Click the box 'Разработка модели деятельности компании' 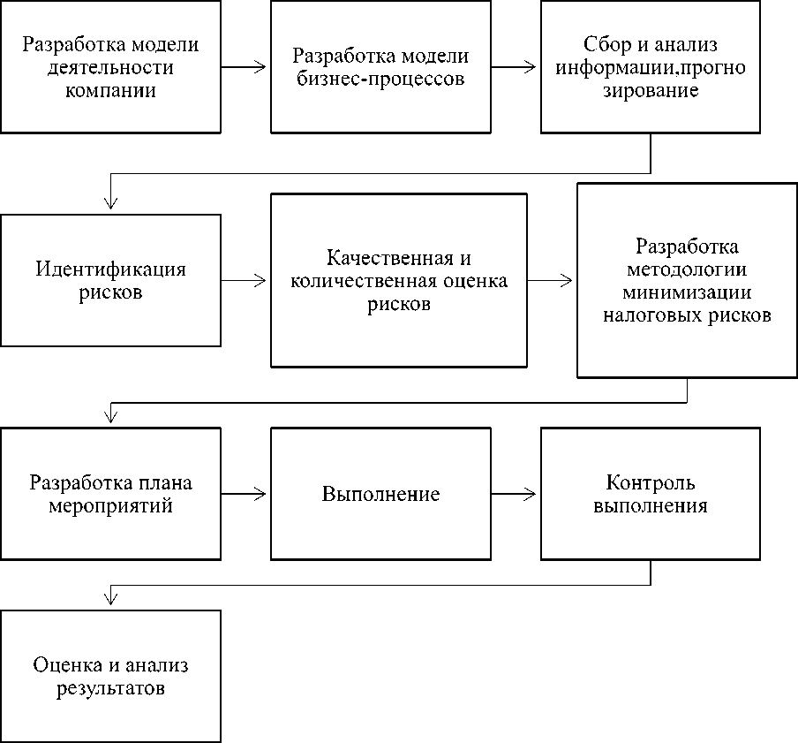(110, 66)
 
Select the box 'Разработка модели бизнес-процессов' (380, 66)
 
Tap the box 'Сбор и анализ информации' (651, 66)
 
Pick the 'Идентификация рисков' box (110, 280)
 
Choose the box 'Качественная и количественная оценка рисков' (399, 280)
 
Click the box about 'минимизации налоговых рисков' (688, 280)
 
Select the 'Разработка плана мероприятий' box (110, 494)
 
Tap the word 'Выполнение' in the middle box (380, 494)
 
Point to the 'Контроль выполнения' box (651, 494)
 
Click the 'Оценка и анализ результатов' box (110, 676)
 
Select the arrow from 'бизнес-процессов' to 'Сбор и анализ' (515, 66)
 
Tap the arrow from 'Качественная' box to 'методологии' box (551, 280)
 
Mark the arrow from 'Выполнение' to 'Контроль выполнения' (515, 494)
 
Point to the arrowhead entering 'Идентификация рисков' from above (110, 203)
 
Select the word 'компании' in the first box (110, 90)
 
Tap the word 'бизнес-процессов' (380, 78)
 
